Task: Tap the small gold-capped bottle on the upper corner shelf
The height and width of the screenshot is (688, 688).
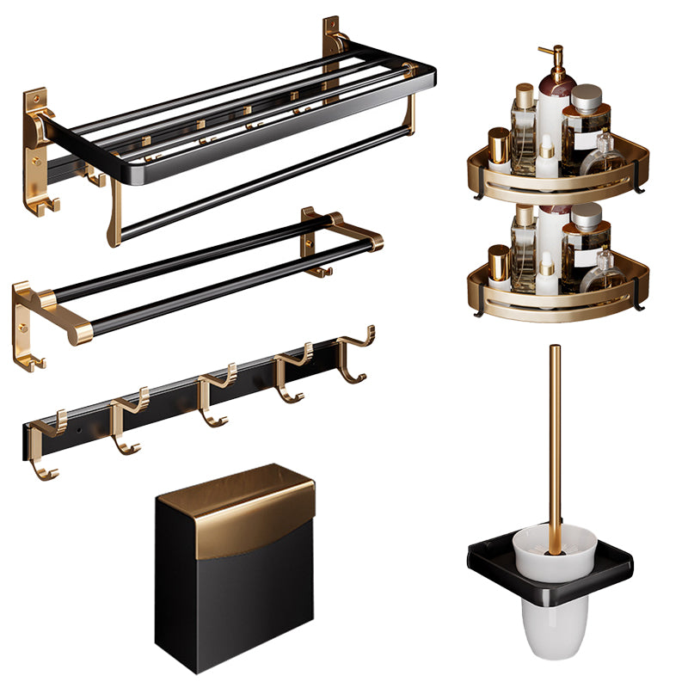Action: click(x=499, y=146)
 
